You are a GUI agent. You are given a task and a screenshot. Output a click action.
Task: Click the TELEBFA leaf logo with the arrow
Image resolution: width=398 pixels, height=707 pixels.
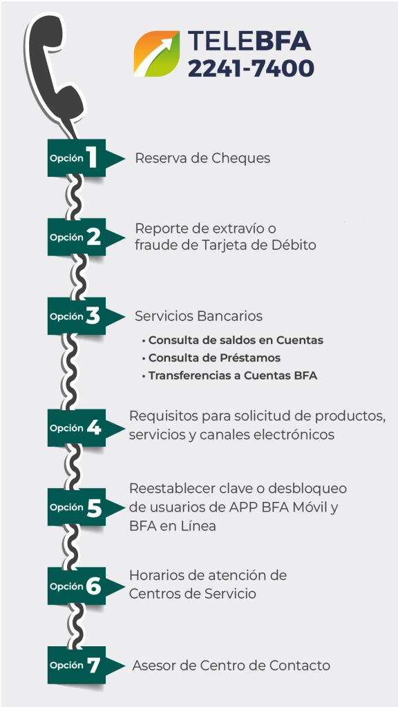point(157,54)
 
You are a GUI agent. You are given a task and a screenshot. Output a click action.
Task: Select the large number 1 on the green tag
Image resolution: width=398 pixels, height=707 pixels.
point(93,158)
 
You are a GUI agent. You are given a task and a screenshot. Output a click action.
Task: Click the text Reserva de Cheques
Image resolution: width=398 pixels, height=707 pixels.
point(202,158)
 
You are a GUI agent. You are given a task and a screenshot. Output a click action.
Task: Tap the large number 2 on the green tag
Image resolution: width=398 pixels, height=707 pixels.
point(93,238)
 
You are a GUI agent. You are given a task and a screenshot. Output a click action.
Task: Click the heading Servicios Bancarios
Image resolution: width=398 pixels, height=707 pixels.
point(198,316)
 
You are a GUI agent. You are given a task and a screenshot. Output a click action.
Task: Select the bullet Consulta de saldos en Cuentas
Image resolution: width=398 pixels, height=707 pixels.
point(232,340)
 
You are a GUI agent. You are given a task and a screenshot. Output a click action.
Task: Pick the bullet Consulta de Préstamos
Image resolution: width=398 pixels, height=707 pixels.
point(211,358)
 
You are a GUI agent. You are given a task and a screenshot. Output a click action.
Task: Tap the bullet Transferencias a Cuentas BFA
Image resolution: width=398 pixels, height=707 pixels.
point(229,376)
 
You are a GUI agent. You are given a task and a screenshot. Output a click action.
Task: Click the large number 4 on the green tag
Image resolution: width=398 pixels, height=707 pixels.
point(94,428)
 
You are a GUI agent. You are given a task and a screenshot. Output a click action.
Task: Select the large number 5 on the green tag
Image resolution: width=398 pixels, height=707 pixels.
point(94,507)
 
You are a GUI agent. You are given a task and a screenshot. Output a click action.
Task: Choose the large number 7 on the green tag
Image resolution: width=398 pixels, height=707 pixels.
point(93,666)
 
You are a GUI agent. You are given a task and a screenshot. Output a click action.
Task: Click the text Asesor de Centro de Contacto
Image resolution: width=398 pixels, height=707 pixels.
point(231,666)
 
